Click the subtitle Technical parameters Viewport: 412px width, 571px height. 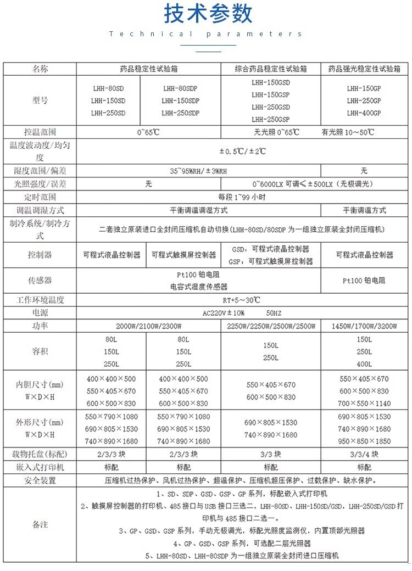click(x=206, y=34)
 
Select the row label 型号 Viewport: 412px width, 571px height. click(x=40, y=100)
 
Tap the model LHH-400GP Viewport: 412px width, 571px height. click(x=364, y=113)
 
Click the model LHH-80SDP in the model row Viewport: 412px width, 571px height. click(x=181, y=88)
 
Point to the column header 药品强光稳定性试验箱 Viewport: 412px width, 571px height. click(x=365, y=69)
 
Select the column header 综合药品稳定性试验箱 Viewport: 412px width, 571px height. click(x=271, y=69)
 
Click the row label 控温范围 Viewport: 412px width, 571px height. click(x=40, y=132)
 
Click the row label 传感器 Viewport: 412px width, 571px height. click(x=40, y=280)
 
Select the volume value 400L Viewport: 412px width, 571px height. click(x=364, y=364)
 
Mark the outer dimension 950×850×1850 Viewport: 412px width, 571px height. click(x=364, y=441)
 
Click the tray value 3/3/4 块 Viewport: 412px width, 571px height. click(x=364, y=454)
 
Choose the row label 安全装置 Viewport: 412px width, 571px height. click(x=40, y=480)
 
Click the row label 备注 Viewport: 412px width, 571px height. click(x=40, y=525)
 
